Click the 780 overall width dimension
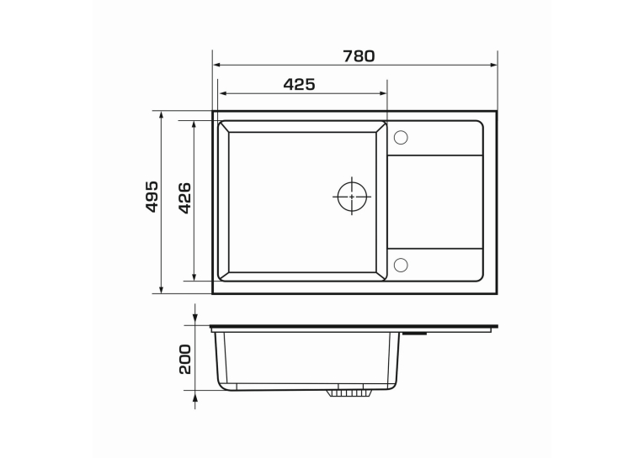359,56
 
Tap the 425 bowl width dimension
300,85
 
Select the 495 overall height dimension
152,197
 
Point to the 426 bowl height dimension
185,198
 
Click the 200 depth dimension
185,359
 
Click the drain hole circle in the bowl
352,197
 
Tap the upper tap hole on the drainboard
401,137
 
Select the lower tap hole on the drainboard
401,265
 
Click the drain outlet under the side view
349,392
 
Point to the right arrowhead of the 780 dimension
493,65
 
